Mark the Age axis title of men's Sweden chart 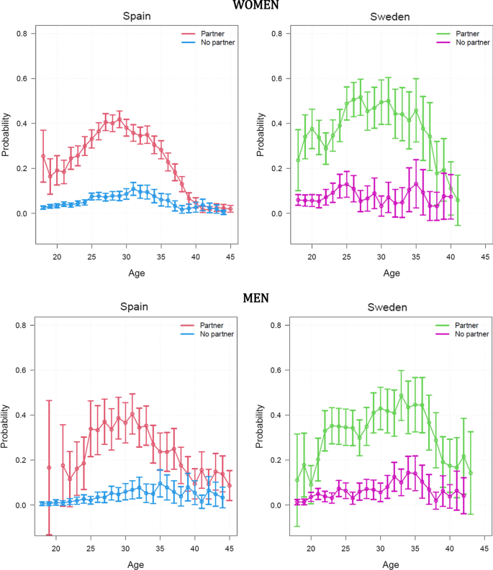tap(391, 564)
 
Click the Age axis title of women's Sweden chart tap(391, 273)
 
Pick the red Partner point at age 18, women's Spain tap(43, 157)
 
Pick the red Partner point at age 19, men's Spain tap(49, 467)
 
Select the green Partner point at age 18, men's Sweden tap(297, 480)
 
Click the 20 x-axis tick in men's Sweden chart tap(312, 548)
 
